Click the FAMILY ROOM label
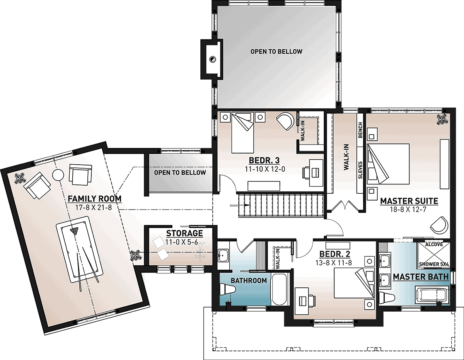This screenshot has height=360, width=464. [95, 199]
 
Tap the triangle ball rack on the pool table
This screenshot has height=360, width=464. [74, 231]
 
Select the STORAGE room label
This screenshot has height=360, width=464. [184, 234]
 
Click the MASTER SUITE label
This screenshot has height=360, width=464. [409, 201]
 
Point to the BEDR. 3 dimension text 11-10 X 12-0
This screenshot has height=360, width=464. [265, 169]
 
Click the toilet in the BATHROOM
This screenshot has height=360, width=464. [228, 290]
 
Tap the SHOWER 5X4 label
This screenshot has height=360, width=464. [434, 264]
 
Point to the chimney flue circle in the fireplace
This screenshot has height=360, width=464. [212, 59]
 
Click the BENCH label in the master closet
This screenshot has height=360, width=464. [360, 130]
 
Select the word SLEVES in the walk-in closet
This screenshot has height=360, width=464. [360, 170]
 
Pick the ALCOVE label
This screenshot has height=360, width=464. [434, 244]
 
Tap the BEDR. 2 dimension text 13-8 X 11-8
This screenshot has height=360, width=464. [334, 263]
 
